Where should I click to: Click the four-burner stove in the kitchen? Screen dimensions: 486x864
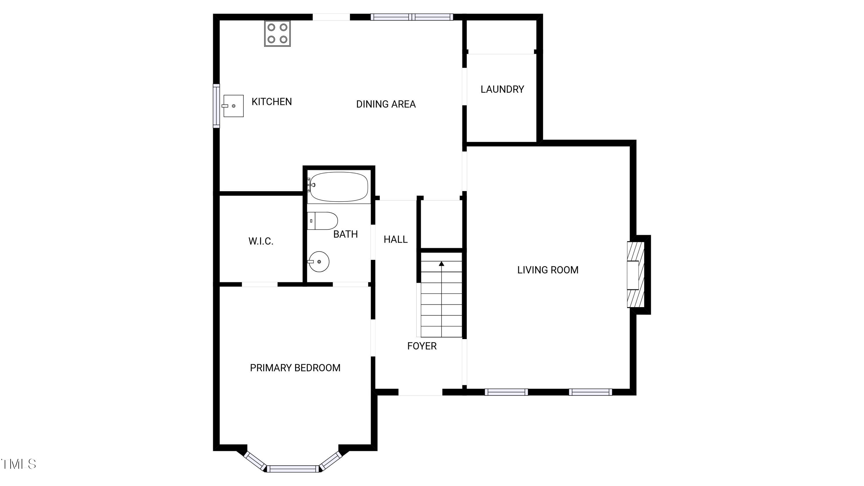[277, 33]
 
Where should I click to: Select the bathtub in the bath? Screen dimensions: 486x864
[339, 187]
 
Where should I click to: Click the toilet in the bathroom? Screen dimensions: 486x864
[322, 221]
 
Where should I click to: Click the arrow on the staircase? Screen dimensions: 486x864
[442, 264]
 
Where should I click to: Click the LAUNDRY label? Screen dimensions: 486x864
[502, 89]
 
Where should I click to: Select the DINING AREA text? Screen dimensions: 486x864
[386, 104]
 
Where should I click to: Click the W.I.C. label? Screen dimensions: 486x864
[261, 241]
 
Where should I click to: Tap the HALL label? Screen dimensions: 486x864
[395, 239]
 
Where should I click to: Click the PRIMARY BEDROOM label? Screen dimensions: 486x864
[295, 368]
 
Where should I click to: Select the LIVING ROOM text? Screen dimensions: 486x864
[547, 270]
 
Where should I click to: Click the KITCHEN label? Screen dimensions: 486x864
[271, 102]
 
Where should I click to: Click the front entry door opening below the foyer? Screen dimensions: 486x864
[420, 392]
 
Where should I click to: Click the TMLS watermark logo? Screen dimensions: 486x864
[19, 464]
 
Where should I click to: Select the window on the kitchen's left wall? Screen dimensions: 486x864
[216, 106]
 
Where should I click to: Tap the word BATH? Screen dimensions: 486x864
[345, 234]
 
